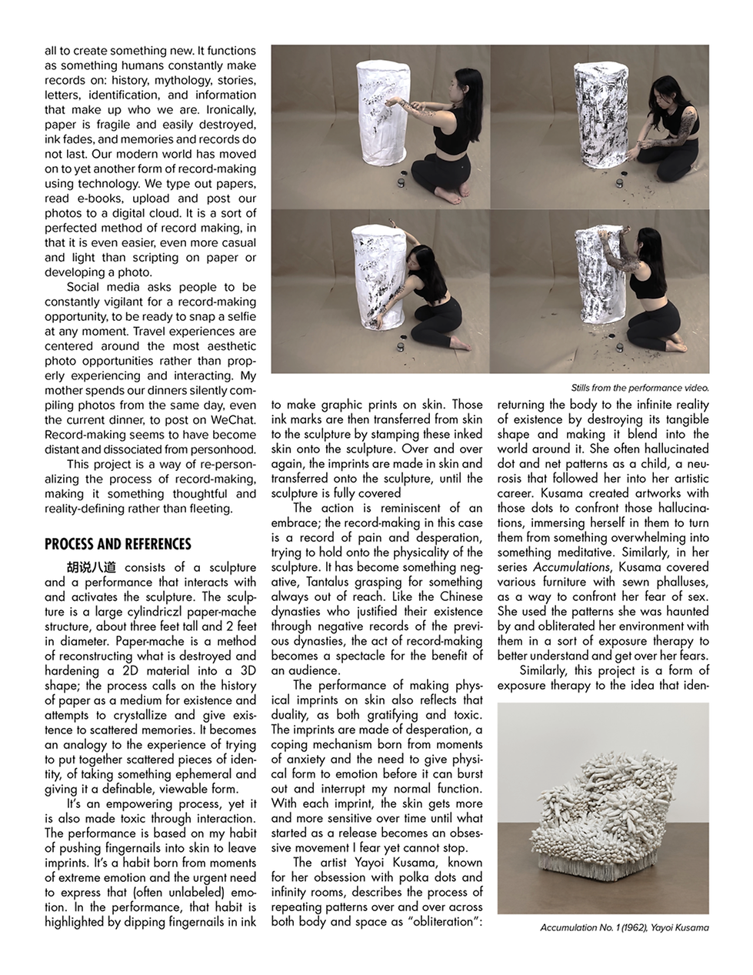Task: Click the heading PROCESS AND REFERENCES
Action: click(x=118, y=544)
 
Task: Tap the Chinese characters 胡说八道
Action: click(x=92, y=567)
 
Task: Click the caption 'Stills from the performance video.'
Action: click(x=640, y=388)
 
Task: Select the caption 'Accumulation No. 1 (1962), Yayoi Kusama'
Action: click(x=625, y=927)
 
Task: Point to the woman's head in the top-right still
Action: click(x=666, y=91)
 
